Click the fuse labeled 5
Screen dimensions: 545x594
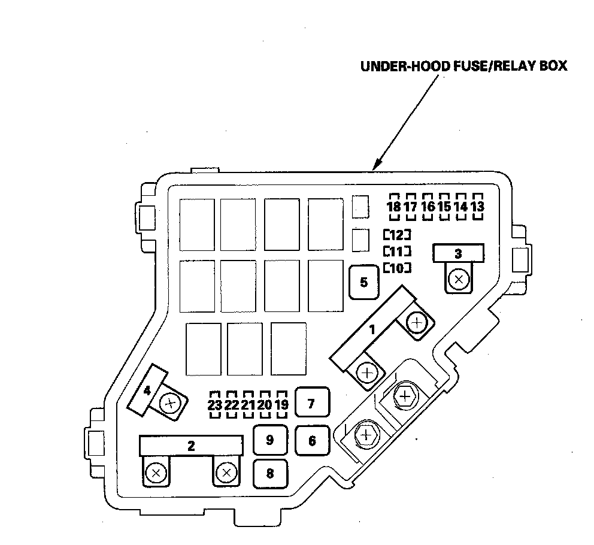click(x=364, y=281)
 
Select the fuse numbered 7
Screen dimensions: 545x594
click(x=311, y=403)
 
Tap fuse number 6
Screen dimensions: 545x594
click(x=312, y=441)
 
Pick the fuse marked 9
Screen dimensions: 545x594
click(x=269, y=440)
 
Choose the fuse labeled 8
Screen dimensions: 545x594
click(x=269, y=474)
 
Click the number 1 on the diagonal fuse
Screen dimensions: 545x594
click(x=372, y=329)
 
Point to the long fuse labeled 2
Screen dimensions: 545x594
click(x=191, y=445)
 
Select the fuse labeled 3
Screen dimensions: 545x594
click(x=458, y=253)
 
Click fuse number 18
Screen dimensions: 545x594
click(x=393, y=207)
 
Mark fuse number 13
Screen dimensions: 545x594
click(x=477, y=207)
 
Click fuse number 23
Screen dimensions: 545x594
click(x=214, y=405)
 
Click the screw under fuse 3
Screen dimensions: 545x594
click(x=459, y=280)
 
